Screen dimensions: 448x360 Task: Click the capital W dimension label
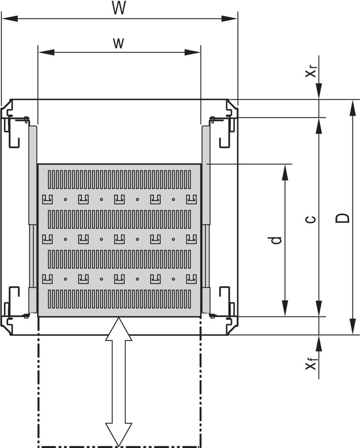tap(119, 8)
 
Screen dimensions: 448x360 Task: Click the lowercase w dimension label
tap(118, 44)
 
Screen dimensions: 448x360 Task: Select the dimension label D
tap(343, 218)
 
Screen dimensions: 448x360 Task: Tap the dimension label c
tap(310, 219)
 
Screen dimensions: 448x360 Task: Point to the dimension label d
tap(276, 240)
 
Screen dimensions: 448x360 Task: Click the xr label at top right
tap(311, 72)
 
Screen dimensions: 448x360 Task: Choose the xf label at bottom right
tap(311, 364)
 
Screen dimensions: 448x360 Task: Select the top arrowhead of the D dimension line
tap(352, 107)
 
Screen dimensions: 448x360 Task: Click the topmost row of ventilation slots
tap(119, 179)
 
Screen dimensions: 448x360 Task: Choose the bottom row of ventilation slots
tap(119, 299)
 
